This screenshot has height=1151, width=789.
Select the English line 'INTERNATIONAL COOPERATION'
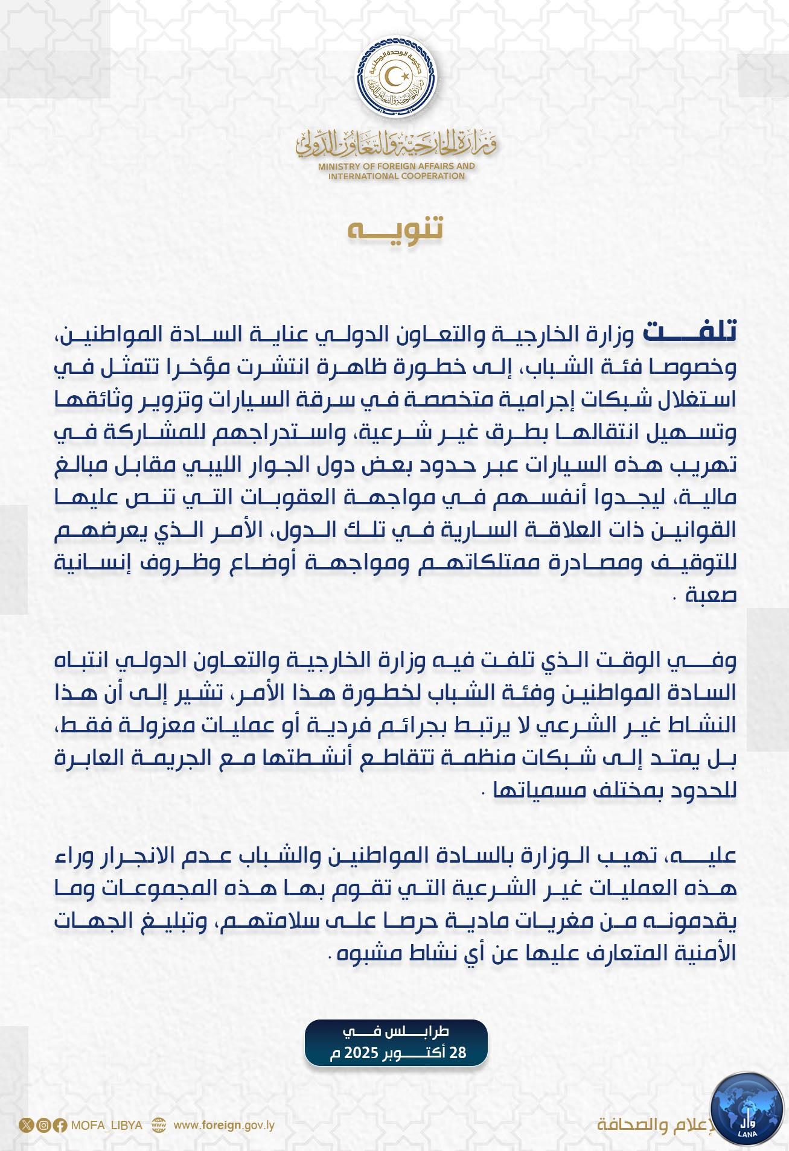tap(397, 176)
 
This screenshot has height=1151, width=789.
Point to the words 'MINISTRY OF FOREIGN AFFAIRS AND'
tap(397, 166)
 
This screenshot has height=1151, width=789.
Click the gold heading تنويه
tap(395, 230)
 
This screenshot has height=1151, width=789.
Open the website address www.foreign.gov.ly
tap(224, 1125)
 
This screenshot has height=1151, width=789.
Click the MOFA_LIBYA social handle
tap(106, 1125)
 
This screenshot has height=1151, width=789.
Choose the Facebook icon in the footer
tap(60, 1125)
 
